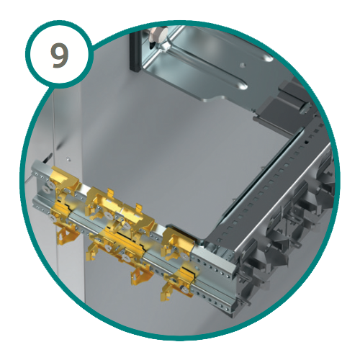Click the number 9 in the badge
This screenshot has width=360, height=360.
60,55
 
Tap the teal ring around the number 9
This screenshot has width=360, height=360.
27,52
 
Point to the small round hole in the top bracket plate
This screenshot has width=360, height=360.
243,65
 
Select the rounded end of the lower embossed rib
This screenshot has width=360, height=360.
242,86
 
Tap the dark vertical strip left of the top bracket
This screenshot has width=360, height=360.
135,52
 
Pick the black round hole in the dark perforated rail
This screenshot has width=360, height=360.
306,143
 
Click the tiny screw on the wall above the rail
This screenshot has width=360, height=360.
68,158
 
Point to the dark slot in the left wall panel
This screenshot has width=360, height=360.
48,157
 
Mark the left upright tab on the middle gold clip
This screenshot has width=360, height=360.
110,192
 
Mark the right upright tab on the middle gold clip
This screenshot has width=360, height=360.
139,207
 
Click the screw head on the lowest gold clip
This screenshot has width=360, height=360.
184,289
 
